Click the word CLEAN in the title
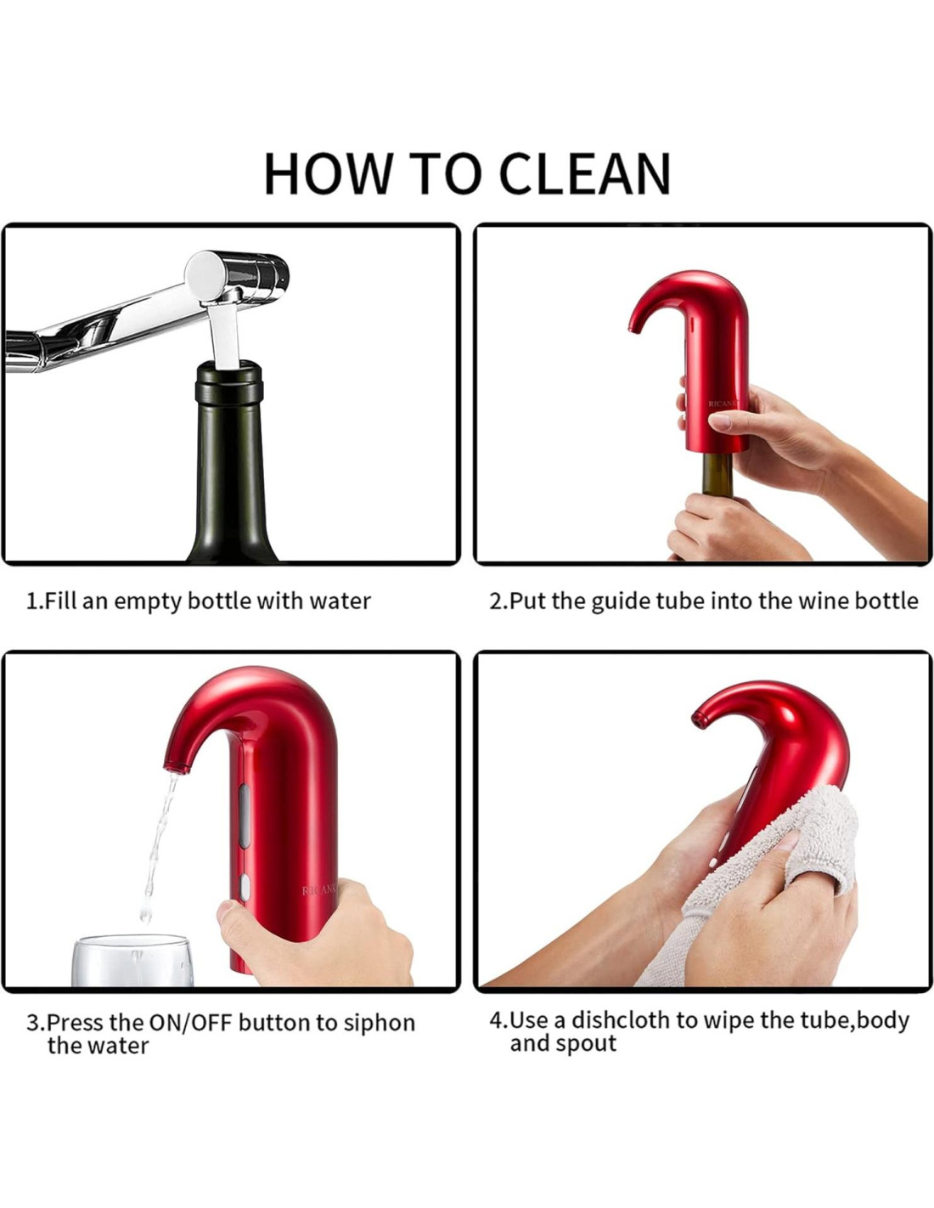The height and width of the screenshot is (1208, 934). point(585,173)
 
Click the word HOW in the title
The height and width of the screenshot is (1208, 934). point(326,173)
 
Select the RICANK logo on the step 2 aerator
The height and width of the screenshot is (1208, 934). point(724,404)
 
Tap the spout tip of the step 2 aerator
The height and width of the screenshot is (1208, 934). point(633,328)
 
